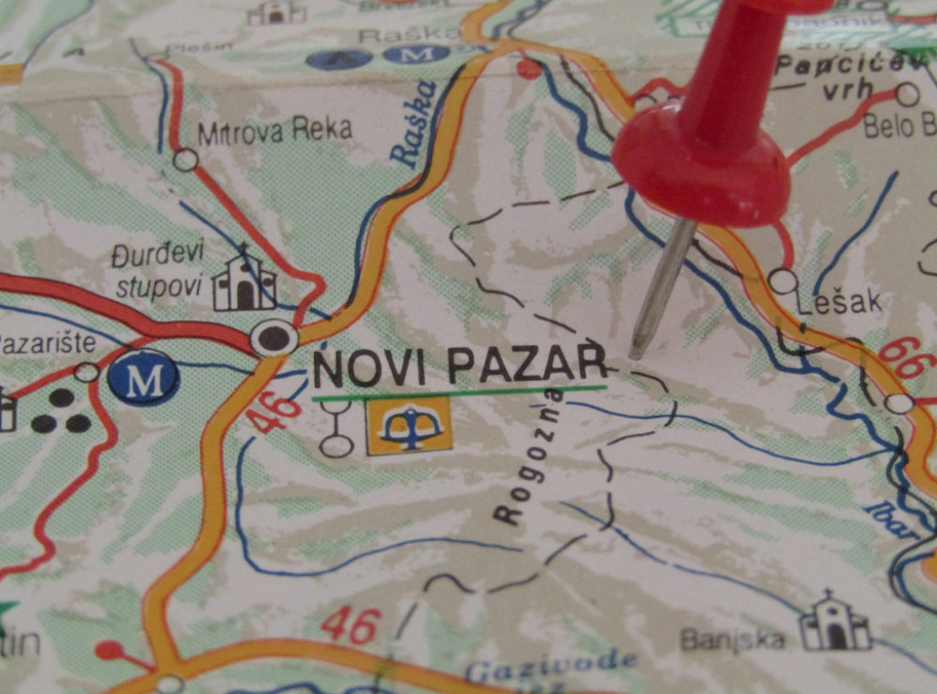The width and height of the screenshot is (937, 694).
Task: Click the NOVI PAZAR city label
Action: tap(459, 367)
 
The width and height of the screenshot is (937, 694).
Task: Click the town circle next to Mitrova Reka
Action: tap(186, 160)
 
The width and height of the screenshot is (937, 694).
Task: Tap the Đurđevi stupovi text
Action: tap(157, 270)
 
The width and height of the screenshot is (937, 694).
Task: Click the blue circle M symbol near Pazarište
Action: tap(143, 377)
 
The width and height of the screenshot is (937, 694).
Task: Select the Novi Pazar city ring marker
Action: tap(274, 338)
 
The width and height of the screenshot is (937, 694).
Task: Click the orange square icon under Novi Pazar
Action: tap(409, 425)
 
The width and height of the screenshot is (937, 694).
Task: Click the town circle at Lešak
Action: tap(782, 280)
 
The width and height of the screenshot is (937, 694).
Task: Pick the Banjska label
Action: tap(733, 638)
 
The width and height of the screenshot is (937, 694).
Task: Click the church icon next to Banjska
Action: tap(835, 623)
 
